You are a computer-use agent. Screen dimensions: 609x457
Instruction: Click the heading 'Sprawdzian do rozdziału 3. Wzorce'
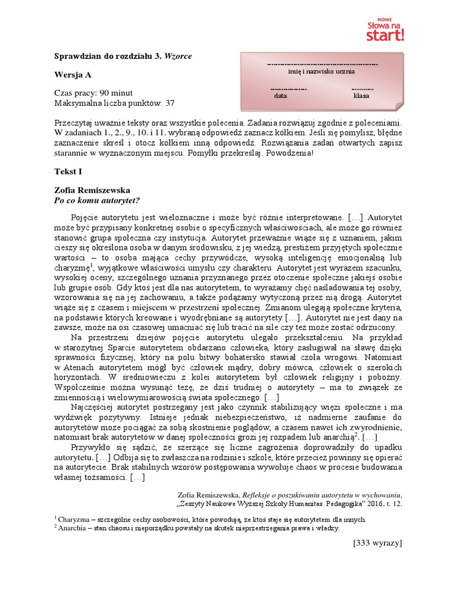click(123, 56)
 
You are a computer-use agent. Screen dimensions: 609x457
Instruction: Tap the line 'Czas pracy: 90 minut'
click(93, 93)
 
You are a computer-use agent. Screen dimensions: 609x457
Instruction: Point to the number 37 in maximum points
click(170, 103)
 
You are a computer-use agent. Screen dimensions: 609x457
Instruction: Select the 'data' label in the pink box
click(280, 95)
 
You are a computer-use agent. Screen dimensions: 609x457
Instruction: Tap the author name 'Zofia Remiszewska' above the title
click(92, 191)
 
